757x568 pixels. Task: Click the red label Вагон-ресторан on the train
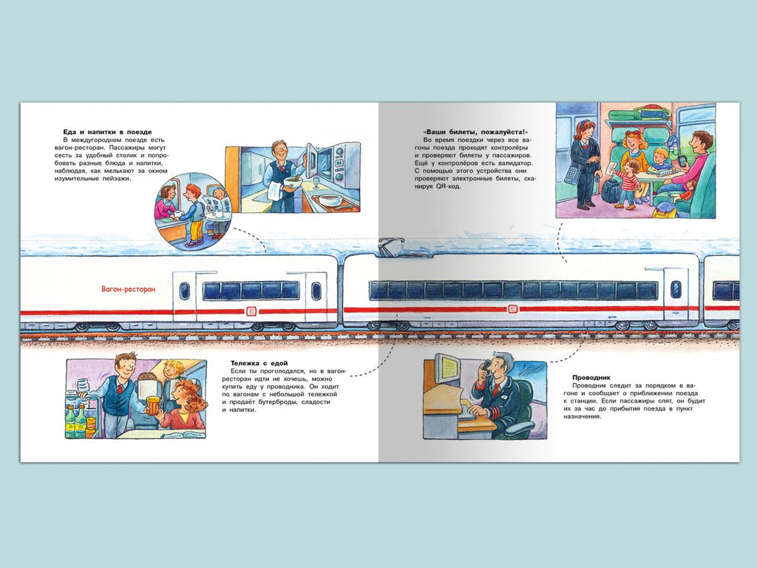coord(129,289)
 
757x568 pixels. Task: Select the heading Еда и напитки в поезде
coord(107,132)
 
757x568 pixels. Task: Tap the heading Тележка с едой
coord(259,363)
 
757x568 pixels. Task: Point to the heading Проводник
coord(591,378)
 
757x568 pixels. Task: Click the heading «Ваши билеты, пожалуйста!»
coord(475,132)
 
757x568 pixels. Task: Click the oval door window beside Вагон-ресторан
coord(184,291)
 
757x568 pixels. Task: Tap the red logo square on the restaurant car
coord(251,311)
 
